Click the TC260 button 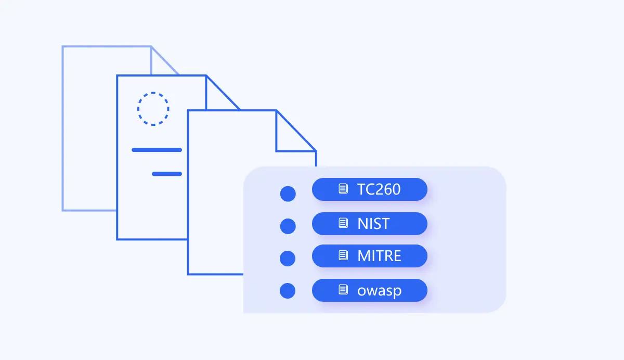click(370, 189)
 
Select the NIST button click(370, 224)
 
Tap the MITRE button click(370, 256)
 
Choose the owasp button click(370, 290)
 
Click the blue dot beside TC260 click(288, 194)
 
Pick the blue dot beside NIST click(288, 226)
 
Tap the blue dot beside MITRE click(288, 259)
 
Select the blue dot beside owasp click(288, 291)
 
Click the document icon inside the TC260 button click(343, 189)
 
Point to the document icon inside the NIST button click(343, 223)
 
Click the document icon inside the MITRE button click(343, 255)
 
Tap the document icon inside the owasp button click(343, 289)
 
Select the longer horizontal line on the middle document click(157, 150)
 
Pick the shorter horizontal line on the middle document click(167, 174)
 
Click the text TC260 click(379, 189)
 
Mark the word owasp click(380, 291)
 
